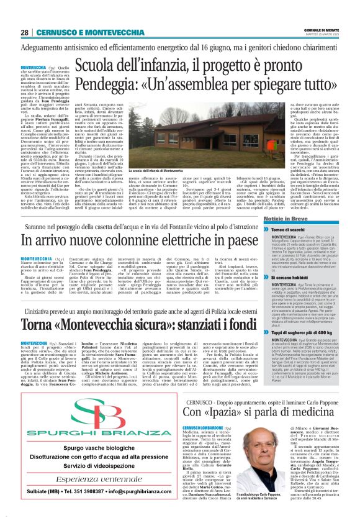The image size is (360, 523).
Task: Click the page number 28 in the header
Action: point(24,32)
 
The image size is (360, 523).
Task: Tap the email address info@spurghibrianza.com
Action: point(138,497)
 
